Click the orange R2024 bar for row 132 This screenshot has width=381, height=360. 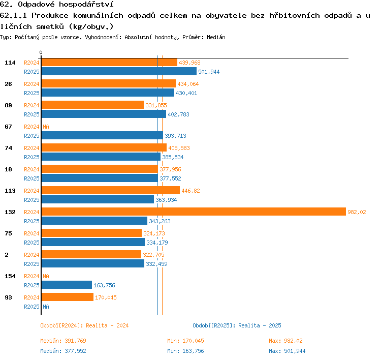coord(194,212)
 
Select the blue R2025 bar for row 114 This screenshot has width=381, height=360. coord(119,71)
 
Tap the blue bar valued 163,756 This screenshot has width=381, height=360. coord(67,285)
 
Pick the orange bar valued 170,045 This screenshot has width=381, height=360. coord(68,297)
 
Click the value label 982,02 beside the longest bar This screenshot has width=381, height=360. coord(357,212)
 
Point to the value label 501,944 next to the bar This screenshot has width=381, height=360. coord(209,72)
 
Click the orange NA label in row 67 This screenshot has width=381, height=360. coord(46,127)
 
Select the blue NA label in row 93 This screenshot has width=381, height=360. coord(46,307)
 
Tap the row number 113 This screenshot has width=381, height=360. coord(10,191)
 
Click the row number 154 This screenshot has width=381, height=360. coord(10,276)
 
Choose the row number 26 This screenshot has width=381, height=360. coord(8,84)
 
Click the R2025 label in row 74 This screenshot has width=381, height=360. coord(31,157)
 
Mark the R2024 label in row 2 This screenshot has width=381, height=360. coord(31,255)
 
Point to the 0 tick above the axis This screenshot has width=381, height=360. coord(41,52)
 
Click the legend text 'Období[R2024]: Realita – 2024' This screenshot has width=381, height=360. coord(84,325)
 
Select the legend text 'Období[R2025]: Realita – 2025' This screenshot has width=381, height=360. coord(237,325)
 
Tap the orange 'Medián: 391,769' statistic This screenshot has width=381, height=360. coord(63,341)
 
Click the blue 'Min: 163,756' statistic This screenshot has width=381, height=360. coord(185,351)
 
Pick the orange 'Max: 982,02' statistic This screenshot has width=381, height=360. coord(285,341)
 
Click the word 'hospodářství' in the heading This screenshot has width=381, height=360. coord(86,5)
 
